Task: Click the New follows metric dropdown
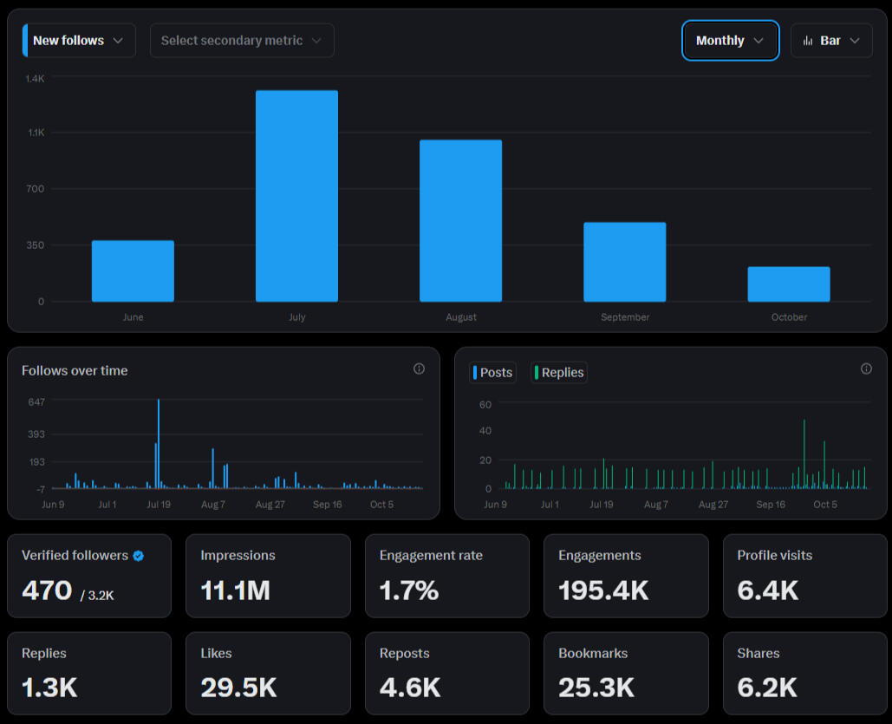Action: tap(79, 41)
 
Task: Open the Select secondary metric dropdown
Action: tap(242, 41)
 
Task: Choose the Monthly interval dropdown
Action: tap(730, 41)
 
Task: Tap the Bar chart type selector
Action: tap(831, 41)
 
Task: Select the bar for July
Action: tap(296, 196)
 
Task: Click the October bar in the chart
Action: tap(789, 284)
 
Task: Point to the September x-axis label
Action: tap(625, 317)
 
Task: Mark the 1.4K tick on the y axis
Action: tap(35, 79)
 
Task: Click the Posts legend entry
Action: tap(492, 373)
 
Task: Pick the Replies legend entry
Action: tap(559, 373)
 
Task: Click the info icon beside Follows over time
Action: tap(419, 369)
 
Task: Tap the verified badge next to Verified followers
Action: tap(139, 556)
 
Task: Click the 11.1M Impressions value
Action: tap(235, 590)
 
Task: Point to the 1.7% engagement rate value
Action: tap(408, 590)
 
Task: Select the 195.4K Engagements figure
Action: tap(603, 590)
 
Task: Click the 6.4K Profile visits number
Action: tap(768, 590)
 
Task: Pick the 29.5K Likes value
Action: tap(238, 688)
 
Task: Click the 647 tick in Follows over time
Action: tap(36, 402)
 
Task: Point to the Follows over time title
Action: tap(75, 370)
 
